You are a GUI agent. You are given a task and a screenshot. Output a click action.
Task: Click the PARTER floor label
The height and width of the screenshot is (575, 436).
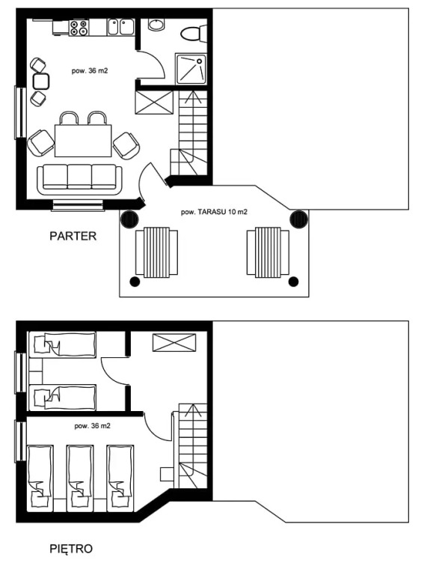pyautogui.click(x=73, y=236)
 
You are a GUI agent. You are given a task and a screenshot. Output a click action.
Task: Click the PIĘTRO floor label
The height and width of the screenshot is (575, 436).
pyautogui.click(x=71, y=549)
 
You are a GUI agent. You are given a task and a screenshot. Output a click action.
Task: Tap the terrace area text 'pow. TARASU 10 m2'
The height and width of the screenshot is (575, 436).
pyautogui.click(x=214, y=212)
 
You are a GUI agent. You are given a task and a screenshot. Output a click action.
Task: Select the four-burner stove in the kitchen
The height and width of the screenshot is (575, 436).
pyautogui.click(x=79, y=28)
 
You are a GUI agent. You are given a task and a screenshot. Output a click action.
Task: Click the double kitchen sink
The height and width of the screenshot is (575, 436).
pyautogui.click(x=121, y=27)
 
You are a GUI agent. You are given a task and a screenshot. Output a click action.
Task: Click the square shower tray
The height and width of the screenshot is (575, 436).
pyautogui.click(x=191, y=69)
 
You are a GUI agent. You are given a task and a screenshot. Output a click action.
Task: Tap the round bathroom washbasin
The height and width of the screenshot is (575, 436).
pyautogui.click(x=157, y=25)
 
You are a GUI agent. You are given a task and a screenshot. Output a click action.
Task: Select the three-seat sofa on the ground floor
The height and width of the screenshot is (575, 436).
pyautogui.click(x=79, y=180)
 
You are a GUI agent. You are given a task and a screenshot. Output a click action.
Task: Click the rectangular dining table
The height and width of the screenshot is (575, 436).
pyautogui.click(x=83, y=141)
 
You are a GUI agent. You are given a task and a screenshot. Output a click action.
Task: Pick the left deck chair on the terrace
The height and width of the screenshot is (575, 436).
pyautogui.click(x=156, y=252)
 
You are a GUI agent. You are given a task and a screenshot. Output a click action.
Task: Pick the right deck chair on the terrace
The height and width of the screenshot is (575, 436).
pyautogui.click(x=268, y=252)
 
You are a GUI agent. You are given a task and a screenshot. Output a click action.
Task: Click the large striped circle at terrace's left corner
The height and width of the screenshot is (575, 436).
pyautogui.click(x=129, y=219)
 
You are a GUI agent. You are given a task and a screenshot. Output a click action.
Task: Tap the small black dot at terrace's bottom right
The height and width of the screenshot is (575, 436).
pyautogui.click(x=293, y=282)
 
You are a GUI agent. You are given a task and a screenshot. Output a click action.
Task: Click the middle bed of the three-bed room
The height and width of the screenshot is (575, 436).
pyautogui.click(x=80, y=478)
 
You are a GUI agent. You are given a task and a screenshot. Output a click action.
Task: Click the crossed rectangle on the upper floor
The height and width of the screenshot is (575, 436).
pyautogui.click(x=174, y=342)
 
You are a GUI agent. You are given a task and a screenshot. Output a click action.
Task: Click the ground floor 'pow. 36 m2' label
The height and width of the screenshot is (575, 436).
pyautogui.click(x=90, y=71)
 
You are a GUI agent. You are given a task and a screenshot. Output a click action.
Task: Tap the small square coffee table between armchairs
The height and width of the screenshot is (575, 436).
pyautogui.click(x=41, y=82)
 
